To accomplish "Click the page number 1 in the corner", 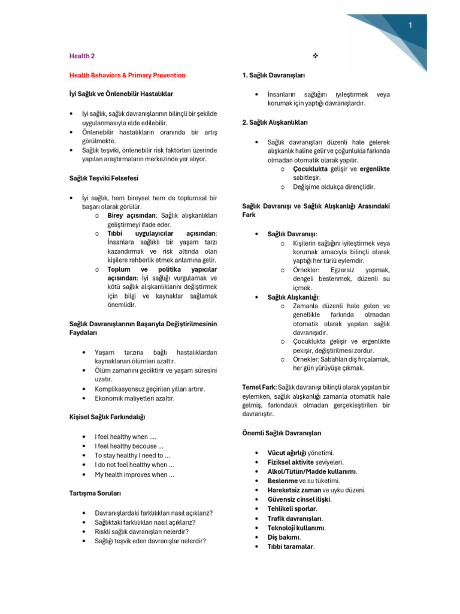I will coord(410,25).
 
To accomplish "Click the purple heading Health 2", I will coord(82,56).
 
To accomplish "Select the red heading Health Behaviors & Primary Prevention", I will coord(128,75).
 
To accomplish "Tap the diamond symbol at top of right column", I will coord(316,56).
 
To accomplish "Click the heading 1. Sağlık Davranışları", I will coord(274,75).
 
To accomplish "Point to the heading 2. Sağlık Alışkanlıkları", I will coord(275,122).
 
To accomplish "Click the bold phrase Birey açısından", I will coord(132,215).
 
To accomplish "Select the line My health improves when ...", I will coord(134,475).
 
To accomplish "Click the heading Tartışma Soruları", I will coord(96,493).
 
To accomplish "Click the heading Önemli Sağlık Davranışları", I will coord(282,433).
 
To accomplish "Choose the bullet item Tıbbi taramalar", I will coord(291,547).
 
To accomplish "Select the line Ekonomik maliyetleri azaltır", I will coord(134,398).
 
